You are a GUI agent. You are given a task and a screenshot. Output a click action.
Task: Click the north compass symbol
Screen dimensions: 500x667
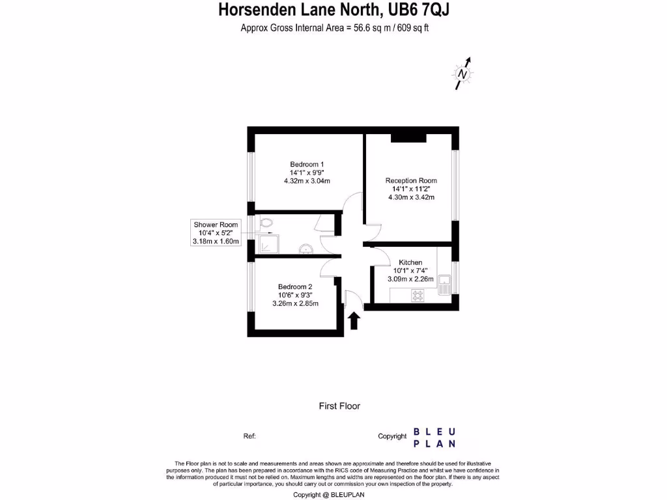462,74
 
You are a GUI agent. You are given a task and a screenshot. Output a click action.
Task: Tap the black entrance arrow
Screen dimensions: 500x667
354,320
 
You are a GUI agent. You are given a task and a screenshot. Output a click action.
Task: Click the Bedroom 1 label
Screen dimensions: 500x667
307,164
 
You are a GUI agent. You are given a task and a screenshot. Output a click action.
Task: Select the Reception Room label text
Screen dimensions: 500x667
411,180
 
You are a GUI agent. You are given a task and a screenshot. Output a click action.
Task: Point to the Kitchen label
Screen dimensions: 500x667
410,262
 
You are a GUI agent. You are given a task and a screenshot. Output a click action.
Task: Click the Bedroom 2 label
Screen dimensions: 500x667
295,286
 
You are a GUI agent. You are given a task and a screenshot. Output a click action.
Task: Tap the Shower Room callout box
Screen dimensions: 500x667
216,232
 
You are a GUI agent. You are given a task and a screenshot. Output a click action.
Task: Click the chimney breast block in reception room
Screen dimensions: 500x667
408,137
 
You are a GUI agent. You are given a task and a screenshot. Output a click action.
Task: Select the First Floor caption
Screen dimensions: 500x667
339,406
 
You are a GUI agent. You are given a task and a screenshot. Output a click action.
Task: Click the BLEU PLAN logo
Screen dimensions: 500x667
434,437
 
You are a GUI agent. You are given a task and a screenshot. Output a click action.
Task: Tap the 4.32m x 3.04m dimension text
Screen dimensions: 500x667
307,181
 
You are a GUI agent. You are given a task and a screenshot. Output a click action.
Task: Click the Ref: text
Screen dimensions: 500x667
249,436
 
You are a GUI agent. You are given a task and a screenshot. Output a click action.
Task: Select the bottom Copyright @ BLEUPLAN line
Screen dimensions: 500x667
333,495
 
